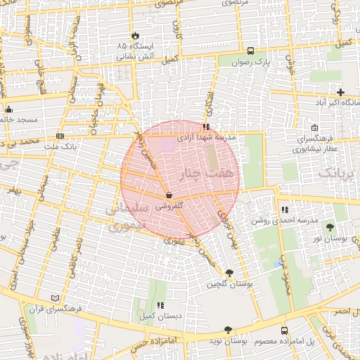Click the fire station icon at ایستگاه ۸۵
point(134,35)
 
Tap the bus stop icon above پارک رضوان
point(251,51)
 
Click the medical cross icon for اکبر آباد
point(341,92)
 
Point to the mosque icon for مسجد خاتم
point(8,110)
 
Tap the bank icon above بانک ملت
point(60,136)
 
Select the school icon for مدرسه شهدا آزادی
point(205,127)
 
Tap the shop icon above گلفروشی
point(169,195)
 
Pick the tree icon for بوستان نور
point(330,226)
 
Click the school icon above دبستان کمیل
point(161,305)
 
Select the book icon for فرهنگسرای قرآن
point(56,298)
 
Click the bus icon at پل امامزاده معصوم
point(284,330)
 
